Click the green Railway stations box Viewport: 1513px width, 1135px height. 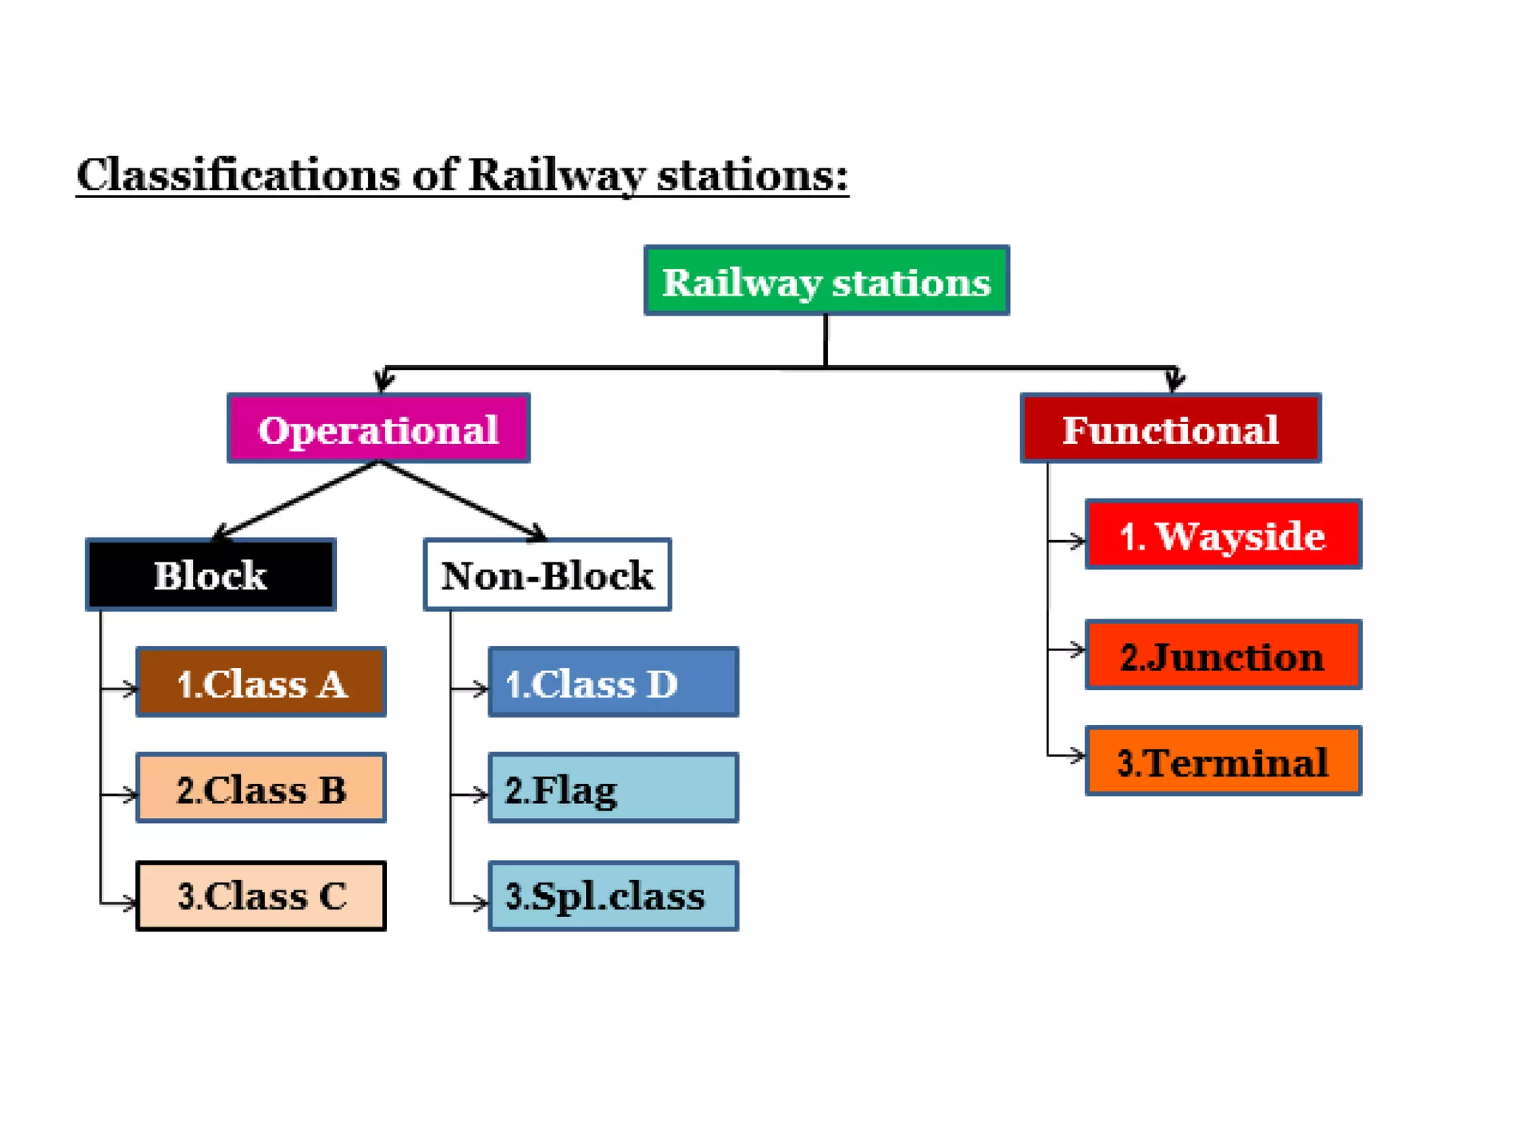click(826, 281)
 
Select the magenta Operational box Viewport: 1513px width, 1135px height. click(378, 429)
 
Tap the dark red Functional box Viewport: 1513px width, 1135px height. click(1170, 429)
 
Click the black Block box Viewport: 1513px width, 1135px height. click(211, 575)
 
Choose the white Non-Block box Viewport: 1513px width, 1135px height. click(547, 575)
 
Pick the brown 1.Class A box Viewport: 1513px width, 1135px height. click(261, 682)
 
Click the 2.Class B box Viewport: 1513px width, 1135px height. click(261, 788)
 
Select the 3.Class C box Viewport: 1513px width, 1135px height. click(261, 896)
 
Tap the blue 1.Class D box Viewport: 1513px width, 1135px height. click(612, 682)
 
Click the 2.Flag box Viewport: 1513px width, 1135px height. click(612, 788)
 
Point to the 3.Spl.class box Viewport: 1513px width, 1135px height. click(612, 896)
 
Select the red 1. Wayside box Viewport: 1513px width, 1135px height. click(1223, 534)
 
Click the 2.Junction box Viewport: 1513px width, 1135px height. click(1223, 655)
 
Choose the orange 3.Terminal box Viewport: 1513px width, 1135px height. click(1223, 761)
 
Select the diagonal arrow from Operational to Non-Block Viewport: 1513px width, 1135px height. click(462, 500)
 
